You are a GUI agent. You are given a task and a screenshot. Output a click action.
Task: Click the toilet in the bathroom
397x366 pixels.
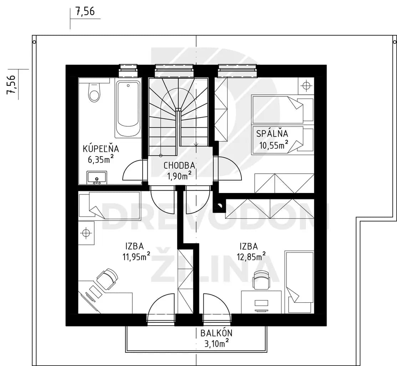point(95,92)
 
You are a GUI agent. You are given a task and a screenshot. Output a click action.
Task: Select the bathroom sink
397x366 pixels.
point(97,177)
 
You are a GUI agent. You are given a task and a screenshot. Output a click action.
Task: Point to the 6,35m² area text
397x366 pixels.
point(101,159)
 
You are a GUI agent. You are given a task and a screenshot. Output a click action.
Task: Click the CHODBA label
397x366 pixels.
point(179,165)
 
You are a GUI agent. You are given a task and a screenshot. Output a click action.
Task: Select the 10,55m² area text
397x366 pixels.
point(274,144)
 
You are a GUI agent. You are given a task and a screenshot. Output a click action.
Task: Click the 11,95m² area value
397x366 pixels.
point(137,257)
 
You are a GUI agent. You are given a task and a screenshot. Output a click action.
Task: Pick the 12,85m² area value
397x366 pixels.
point(251,257)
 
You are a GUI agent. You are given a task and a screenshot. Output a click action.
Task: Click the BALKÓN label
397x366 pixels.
point(216,333)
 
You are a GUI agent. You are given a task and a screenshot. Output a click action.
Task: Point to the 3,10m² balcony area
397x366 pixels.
point(217,343)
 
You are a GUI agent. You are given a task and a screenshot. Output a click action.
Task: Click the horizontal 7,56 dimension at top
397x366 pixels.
point(85,11)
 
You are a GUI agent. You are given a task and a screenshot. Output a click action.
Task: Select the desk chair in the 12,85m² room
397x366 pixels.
point(261,279)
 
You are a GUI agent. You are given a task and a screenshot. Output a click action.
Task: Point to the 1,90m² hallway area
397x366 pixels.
point(179,175)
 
